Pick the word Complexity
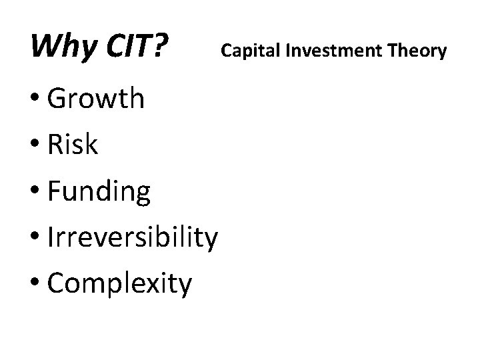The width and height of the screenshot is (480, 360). [x=120, y=284]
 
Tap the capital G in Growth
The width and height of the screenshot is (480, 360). [x=59, y=99]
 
